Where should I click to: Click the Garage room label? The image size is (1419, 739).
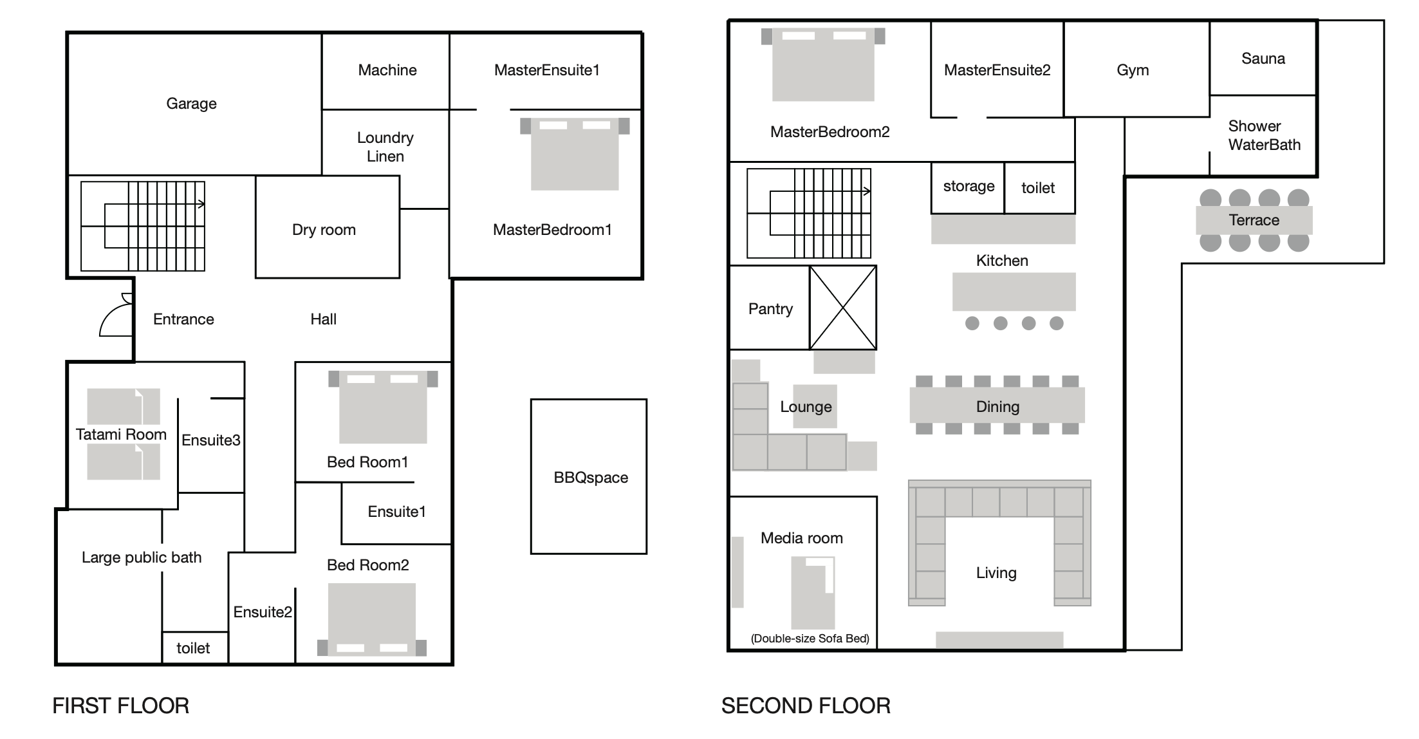191,104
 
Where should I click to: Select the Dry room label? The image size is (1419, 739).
324,230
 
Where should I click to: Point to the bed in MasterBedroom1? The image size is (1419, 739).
574,154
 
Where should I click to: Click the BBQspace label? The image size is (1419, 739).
591,478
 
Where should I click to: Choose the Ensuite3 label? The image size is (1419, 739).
211,440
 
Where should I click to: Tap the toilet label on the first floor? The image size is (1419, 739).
193,648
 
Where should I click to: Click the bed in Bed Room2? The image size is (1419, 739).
371,619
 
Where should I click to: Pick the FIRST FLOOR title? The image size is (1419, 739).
121,706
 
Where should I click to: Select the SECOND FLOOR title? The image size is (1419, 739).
806,706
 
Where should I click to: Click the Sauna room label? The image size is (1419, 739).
1263,59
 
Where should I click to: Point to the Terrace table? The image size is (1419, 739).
1254,220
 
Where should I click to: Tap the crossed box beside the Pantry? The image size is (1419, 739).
842,308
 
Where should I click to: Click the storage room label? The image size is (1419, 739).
969,187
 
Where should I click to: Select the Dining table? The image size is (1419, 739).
997,406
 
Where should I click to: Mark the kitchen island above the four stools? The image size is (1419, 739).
1014,292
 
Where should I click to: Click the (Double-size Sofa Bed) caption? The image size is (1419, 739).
810,639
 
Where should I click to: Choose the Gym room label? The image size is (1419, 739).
1133,70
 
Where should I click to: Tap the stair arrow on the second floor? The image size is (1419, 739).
866,191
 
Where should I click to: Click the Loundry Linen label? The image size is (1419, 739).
385,147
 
